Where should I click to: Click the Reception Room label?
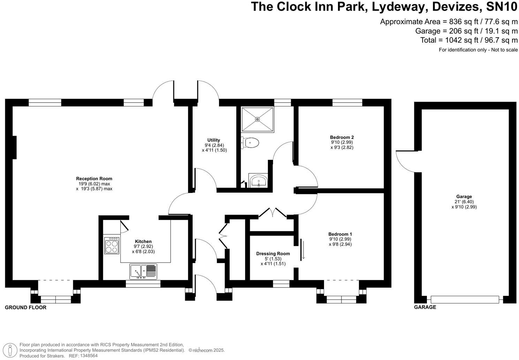tap(94, 179)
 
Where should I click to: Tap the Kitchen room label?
tap(143, 241)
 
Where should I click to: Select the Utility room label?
tap(213, 140)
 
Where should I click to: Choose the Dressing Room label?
tap(273, 254)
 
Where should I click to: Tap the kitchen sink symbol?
tap(143, 271)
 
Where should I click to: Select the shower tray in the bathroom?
tap(257, 119)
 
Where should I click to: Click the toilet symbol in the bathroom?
tap(250, 143)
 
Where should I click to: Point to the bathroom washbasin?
tap(258, 181)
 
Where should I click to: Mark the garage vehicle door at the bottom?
tap(465, 299)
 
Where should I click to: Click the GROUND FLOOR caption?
tap(25, 307)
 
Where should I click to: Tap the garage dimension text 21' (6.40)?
tap(464, 202)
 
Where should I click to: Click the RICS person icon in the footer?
tap(11, 350)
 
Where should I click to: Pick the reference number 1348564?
tap(89, 356)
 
